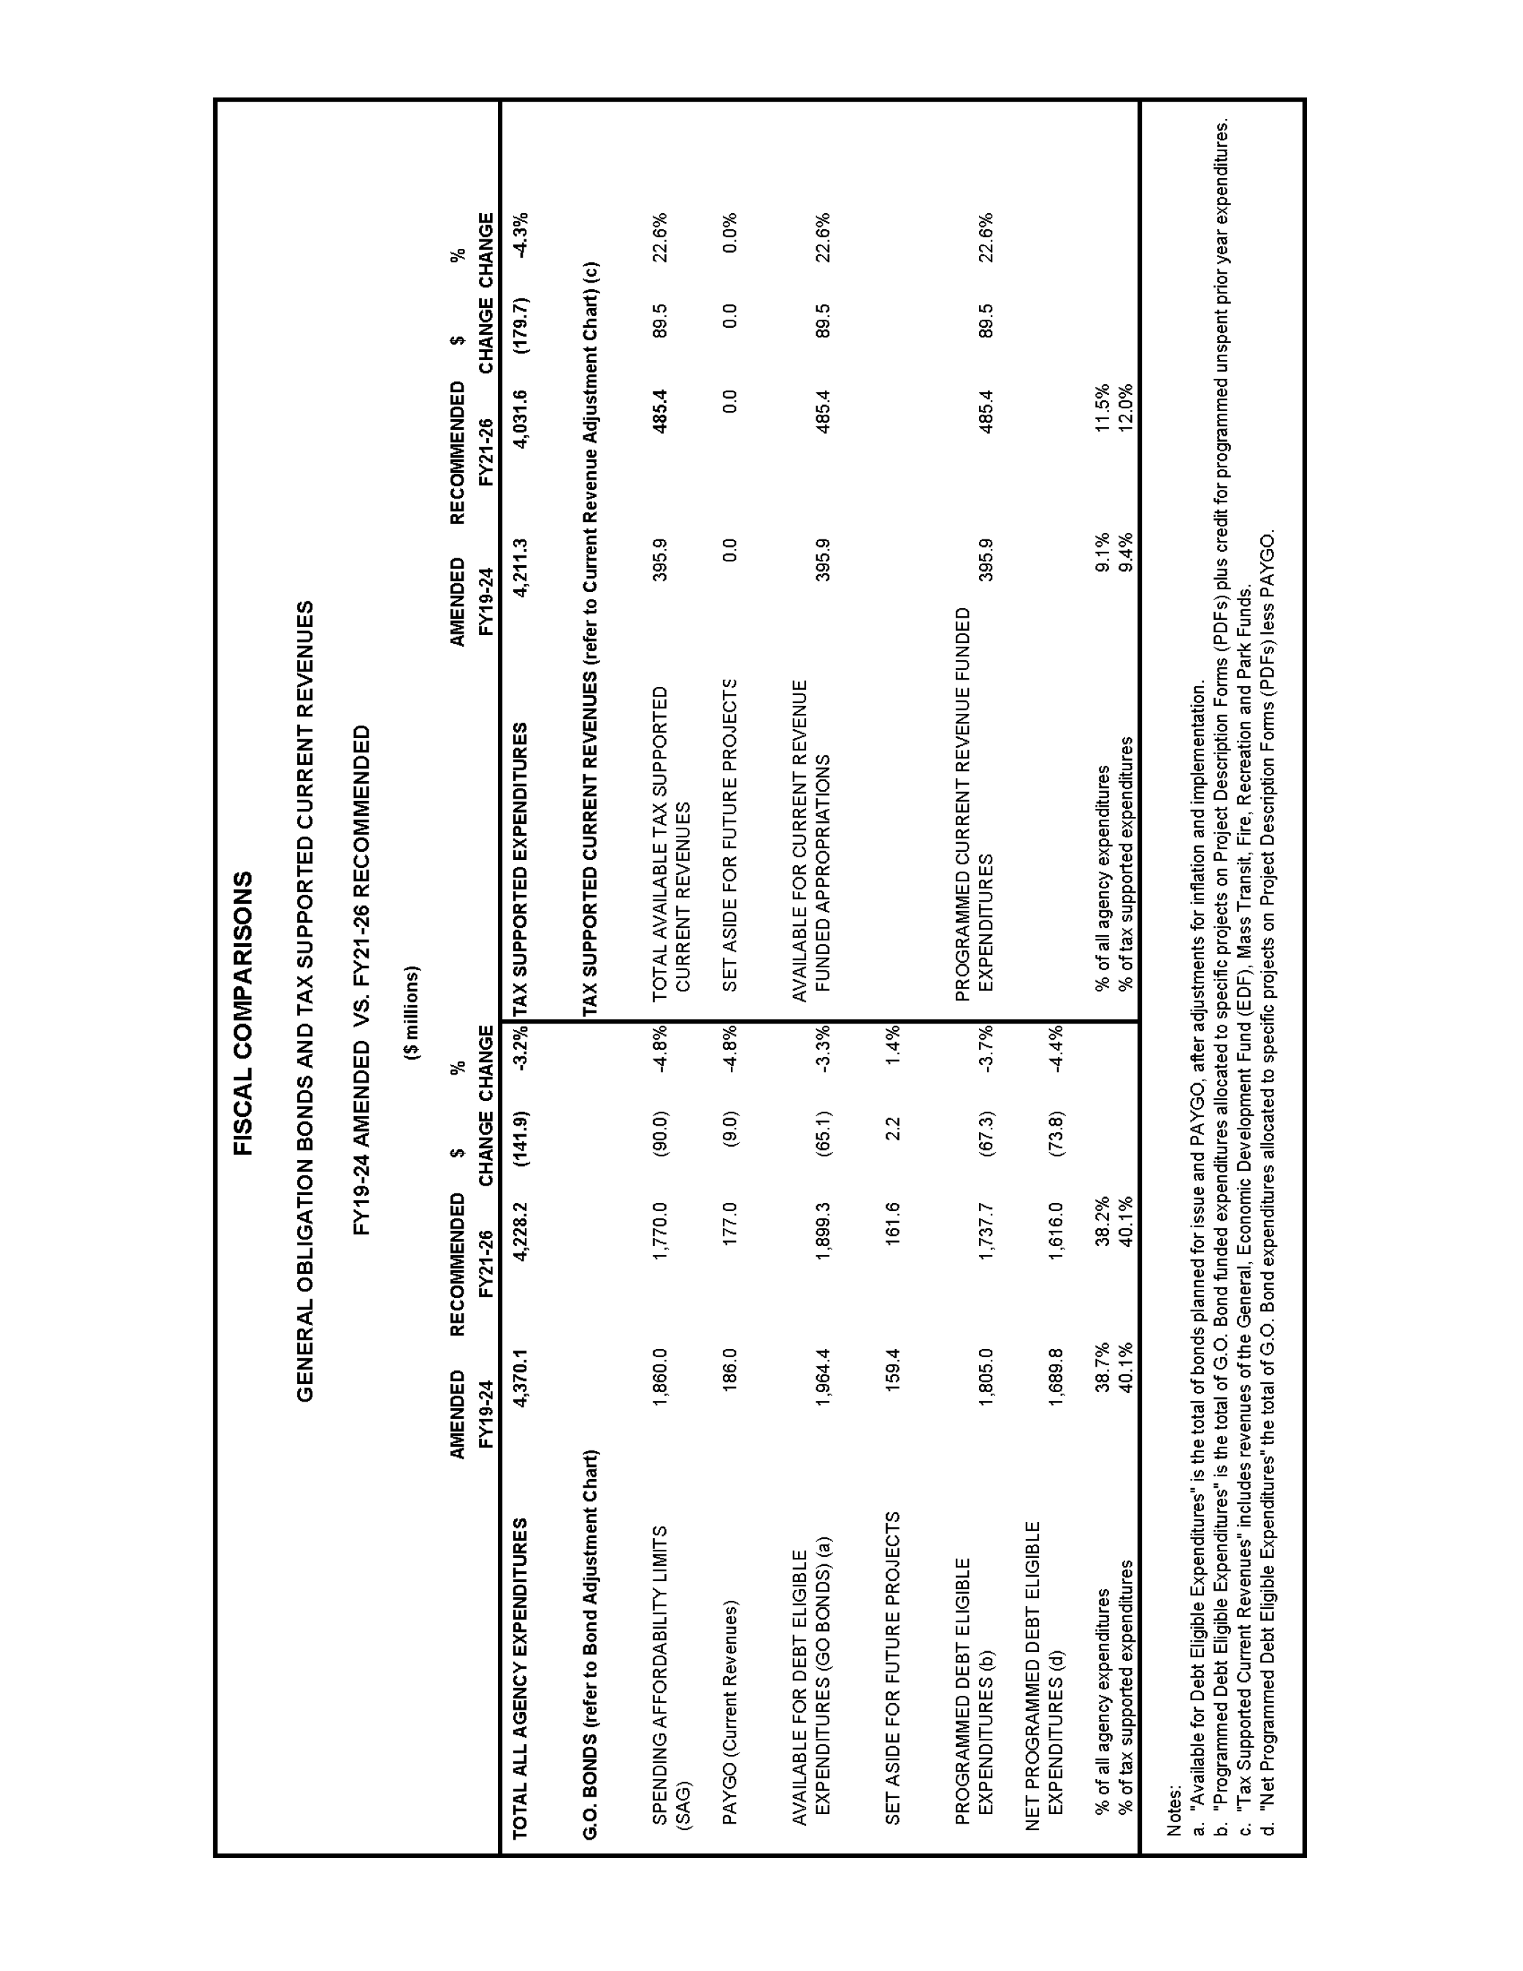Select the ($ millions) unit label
pyautogui.click(x=413, y=1012)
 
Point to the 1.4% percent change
pyautogui.click(x=893, y=1046)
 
